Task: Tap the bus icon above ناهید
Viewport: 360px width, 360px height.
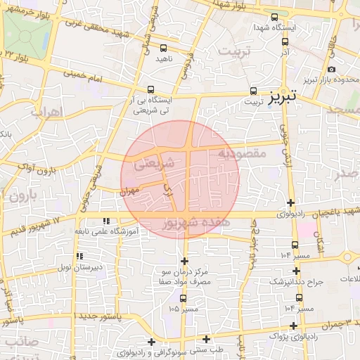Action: pyautogui.click(x=164, y=49)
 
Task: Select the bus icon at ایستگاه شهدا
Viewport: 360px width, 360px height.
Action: pyautogui.click(x=274, y=18)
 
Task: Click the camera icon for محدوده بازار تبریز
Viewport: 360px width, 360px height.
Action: pyautogui.click(x=330, y=70)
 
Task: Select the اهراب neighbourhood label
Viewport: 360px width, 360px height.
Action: pyautogui.click(x=47, y=112)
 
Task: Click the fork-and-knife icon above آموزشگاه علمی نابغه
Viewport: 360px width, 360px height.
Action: pyautogui.click(x=106, y=221)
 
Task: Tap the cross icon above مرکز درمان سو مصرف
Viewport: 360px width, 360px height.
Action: pyautogui.click(x=184, y=261)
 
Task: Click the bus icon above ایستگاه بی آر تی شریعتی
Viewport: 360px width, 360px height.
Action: pyautogui.click(x=152, y=89)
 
